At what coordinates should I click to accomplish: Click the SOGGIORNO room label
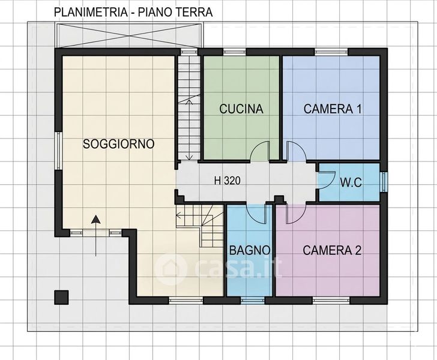119,144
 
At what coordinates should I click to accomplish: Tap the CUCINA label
241,109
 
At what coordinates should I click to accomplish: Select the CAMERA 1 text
333,109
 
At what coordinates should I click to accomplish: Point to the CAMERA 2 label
332,250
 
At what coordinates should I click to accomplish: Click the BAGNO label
250,250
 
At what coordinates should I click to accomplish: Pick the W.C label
351,182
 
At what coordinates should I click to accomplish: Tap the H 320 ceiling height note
227,181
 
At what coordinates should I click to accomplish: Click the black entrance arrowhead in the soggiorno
96,219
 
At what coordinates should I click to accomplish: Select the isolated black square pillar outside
61,297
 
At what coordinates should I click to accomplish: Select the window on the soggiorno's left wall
58,151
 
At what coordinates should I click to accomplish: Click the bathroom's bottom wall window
253,301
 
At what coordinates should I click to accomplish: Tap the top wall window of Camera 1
331,52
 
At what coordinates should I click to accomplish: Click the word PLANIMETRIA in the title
91,12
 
